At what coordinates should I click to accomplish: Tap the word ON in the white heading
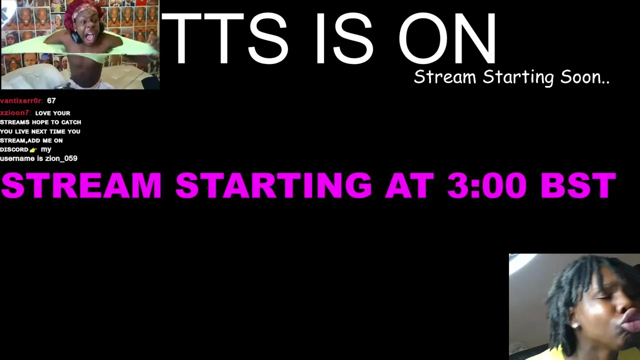tap(447, 38)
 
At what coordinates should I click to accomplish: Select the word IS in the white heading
tap(344, 38)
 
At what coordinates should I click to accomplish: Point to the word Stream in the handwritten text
tap(445, 77)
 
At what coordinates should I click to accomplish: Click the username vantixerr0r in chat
tap(21, 101)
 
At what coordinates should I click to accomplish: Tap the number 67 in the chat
tap(51, 101)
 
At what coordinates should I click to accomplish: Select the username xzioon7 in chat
tap(15, 113)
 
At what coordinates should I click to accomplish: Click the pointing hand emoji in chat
tap(33, 150)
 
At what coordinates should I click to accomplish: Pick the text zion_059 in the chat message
tap(61, 158)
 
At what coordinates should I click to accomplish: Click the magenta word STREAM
tap(81, 185)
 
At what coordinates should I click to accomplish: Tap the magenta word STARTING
tap(273, 185)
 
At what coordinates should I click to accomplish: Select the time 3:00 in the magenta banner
tap(487, 185)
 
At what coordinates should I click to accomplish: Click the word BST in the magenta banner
tap(578, 185)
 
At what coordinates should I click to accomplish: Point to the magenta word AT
tap(409, 185)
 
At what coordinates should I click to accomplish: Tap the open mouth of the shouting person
tap(89, 37)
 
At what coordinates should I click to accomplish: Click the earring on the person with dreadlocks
tap(575, 325)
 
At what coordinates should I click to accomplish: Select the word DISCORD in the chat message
tap(14, 149)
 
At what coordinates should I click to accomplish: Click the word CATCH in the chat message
tap(71, 122)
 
